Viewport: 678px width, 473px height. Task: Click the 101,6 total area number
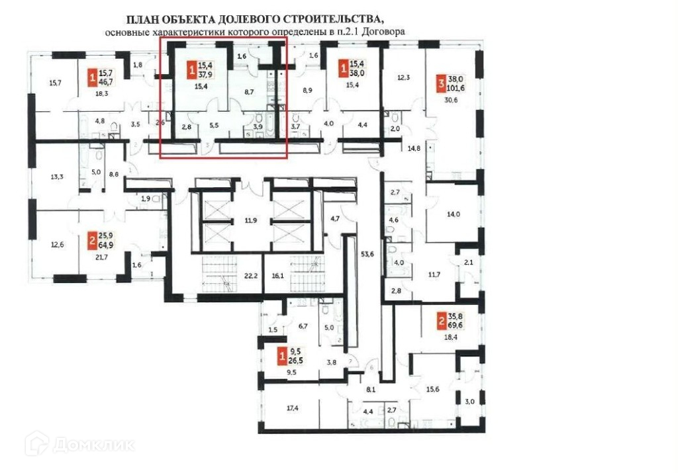pos(458,87)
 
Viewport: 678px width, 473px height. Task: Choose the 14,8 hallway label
pos(415,148)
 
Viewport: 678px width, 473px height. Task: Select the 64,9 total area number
pos(106,243)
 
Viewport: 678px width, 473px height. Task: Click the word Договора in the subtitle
pos(381,31)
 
